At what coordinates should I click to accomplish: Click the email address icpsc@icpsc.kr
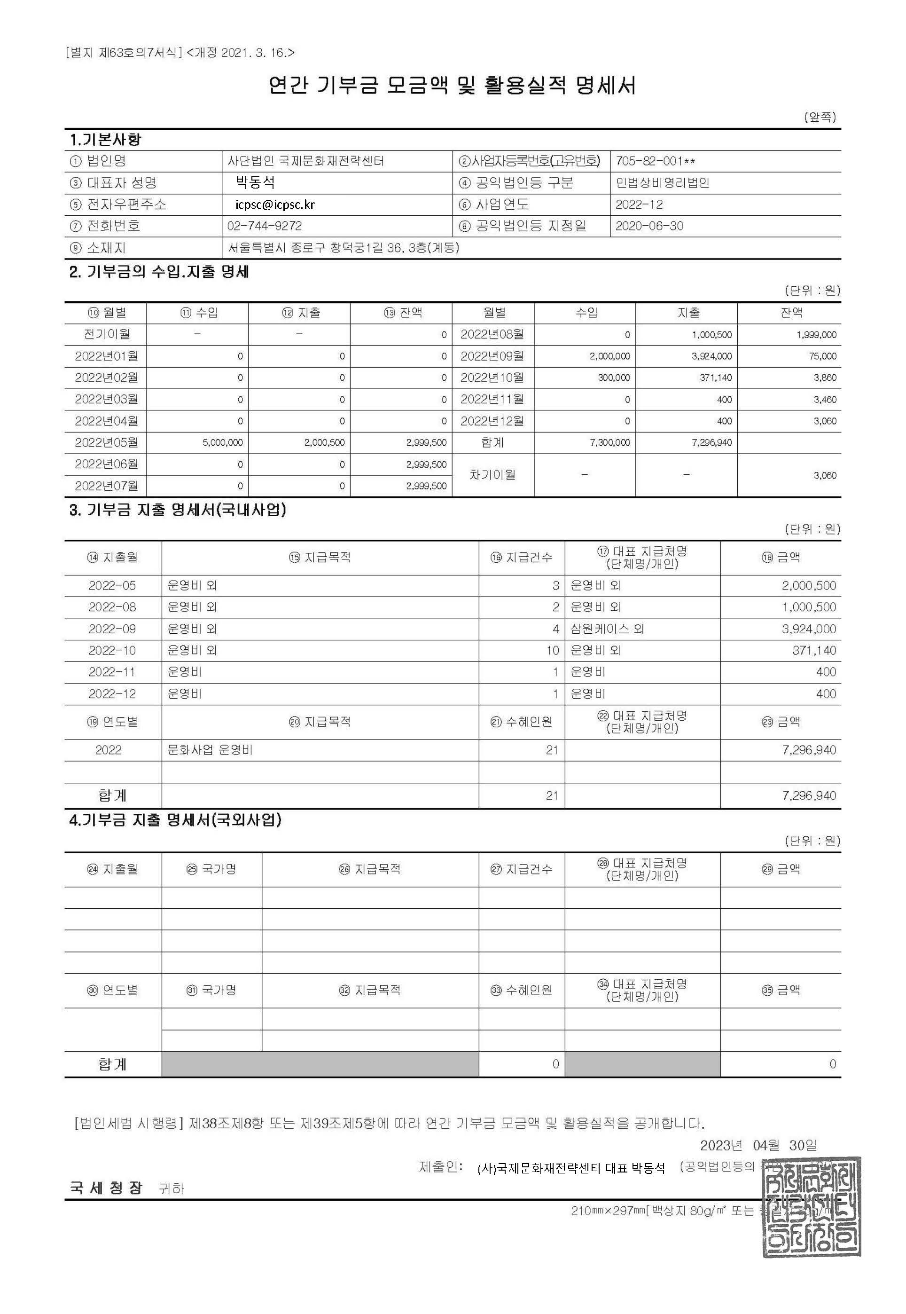pyautogui.click(x=275, y=205)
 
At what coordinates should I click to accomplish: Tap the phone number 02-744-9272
pyautogui.click(x=265, y=226)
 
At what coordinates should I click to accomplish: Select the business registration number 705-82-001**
pyautogui.click(x=655, y=161)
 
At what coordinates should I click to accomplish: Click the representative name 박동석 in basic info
pyautogui.click(x=256, y=182)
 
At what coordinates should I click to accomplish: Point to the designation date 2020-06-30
pyautogui.click(x=649, y=226)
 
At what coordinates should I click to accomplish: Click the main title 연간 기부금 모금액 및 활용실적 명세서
pyautogui.click(x=452, y=86)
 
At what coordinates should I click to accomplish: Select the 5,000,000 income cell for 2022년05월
pyautogui.click(x=223, y=443)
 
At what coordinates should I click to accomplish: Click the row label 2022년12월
pyautogui.click(x=492, y=421)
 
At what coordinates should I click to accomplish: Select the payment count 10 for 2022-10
pyautogui.click(x=552, y=651)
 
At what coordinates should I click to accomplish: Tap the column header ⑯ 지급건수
pyautogui.click(x=521, y=558)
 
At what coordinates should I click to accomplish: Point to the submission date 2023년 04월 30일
pyautogui.click(x=758, y=1145)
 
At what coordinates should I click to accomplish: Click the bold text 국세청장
pyautogui.click(x=106, y=1188)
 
